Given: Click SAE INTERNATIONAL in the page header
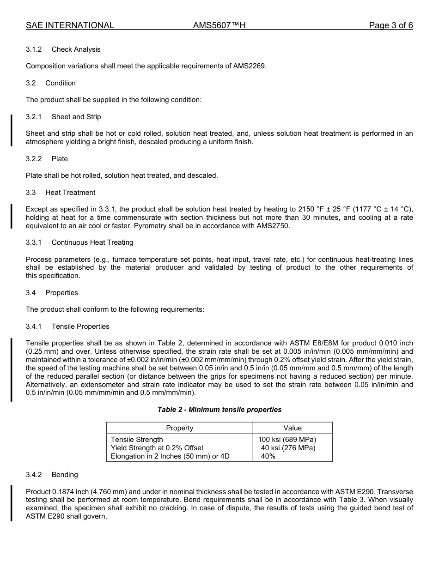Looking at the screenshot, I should [70, 25].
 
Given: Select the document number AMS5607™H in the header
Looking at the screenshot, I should [219, 25].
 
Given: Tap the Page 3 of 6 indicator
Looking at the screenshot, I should [390, 25].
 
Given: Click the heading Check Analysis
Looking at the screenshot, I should [76, 49].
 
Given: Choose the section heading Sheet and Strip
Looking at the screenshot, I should [76, 117].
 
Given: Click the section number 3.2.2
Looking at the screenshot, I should [34, 159].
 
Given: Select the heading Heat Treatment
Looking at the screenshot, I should [70, 193].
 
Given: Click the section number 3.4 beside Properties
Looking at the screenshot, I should [30, 293].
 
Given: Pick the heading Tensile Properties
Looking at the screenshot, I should [80, 326].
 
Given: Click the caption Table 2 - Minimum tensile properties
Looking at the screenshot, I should [219, 410].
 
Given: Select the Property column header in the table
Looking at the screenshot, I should [179, 428].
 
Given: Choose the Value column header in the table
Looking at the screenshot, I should [293, 428].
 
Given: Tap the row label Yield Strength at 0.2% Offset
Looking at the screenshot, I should [157, 448].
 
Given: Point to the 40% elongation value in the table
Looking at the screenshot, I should [268, 456].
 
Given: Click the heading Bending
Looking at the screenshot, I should [65, 475].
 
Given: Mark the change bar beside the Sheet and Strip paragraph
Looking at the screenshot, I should [12, 130].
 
